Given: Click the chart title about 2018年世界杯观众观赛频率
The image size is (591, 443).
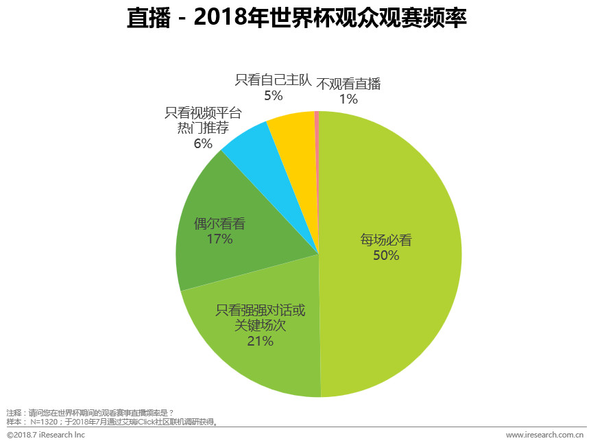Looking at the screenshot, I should pyautogui.click(x=296, y=19).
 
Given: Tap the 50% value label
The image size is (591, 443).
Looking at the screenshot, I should pyautogui.click(x=386, y=256).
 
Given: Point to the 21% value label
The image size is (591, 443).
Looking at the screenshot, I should pyautogui.click(x=260, y=341).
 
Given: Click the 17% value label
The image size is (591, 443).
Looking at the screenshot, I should pyautogui.click(x=219, y=239).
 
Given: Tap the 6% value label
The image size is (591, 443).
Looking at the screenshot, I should pyautogui.click(x=203, y=143).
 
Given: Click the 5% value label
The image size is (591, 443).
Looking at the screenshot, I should pyautogui.click(x=273, y=96).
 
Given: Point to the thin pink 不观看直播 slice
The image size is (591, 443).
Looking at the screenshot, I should pyautogui.click(x=317, y=137).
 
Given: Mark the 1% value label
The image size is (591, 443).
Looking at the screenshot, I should pyautogui.click(x=348, y=99).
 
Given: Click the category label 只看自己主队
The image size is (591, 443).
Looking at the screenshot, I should pyautogui.click(x=273, y=80).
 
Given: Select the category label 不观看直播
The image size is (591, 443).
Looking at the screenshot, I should pyautogui.click(x=348, y=84).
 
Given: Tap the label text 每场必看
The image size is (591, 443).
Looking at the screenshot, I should pyautogui.click(x=386, y=240).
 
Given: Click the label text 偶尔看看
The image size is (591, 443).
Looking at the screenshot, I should pyautogui.click(x=219, y=224).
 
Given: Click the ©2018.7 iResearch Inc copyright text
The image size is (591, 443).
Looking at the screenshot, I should pyautogui.click(x=46, y=435).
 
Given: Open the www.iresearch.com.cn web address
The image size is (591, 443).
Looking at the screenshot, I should pyautogui.click(x=544, y=435).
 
